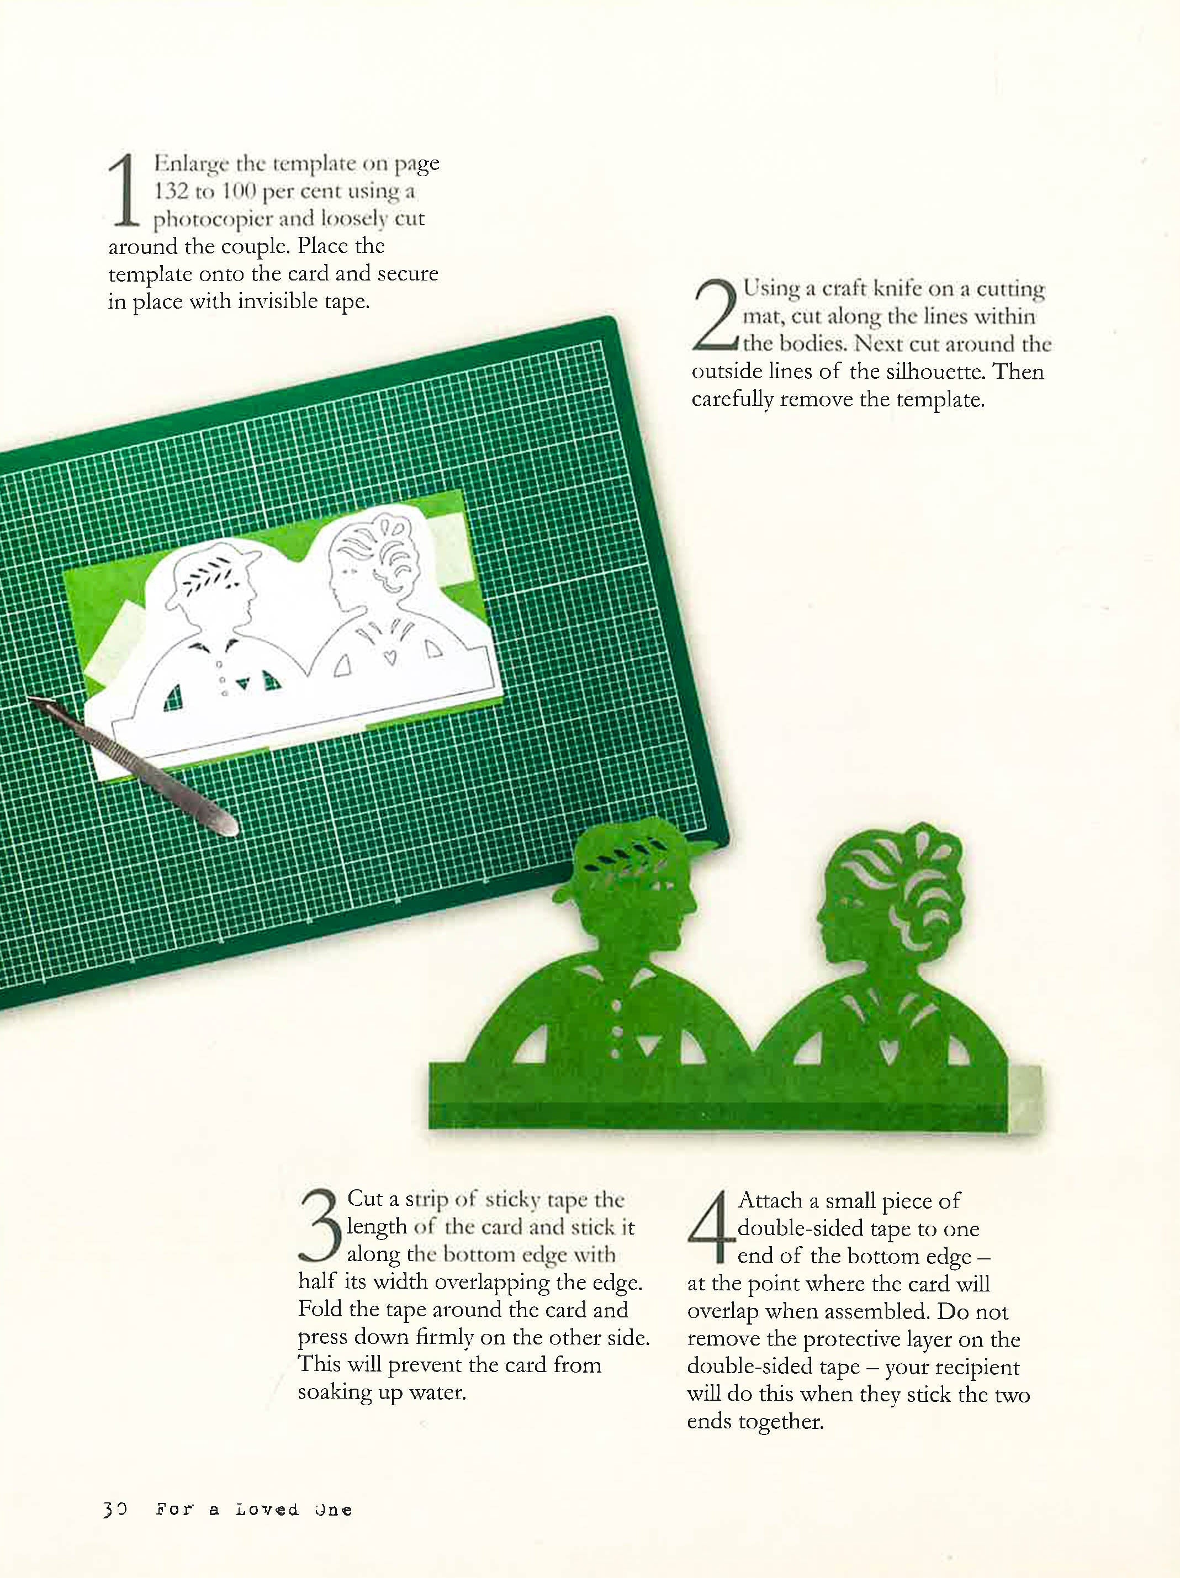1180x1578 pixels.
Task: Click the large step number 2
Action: (715, 315)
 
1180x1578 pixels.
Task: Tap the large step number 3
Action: (320, 1224)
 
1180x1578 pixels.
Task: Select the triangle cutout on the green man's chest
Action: (647, 1046)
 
